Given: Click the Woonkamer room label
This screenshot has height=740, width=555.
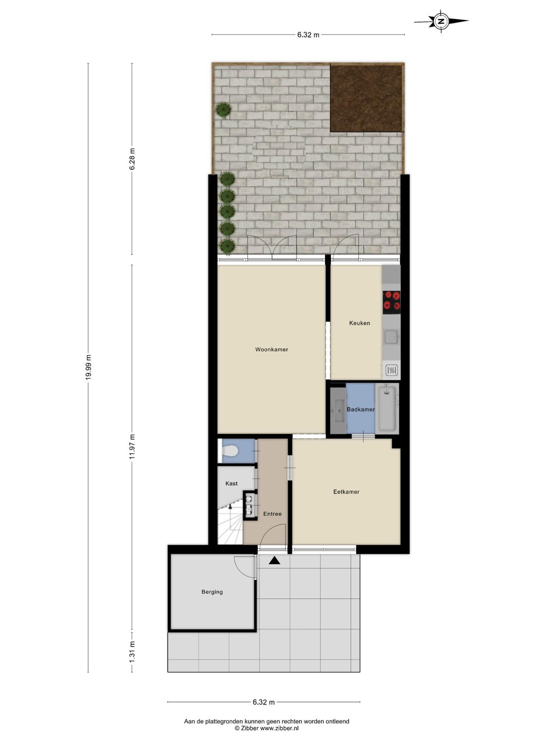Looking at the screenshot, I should pyautogui.click(x=271, y=349).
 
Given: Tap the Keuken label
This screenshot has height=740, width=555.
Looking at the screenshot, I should pyautogui.click(x=359, y=323).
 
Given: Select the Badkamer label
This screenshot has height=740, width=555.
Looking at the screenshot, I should pyautogui.click(x=360, y=410).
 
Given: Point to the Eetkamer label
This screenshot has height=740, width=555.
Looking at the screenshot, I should pyautogui.click(x=346, y=492).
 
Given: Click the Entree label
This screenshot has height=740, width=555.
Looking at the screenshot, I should pyautogui.click(x=272, y=514).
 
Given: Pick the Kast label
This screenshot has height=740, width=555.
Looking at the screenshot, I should pyautogui.click(x=231, y=484).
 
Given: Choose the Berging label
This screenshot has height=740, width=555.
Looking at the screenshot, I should pyautogui.click(x=212, y=592).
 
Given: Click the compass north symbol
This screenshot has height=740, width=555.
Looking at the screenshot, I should pyautogui.click(x=441, y=21).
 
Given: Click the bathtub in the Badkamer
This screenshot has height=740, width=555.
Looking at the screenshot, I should pyautogui.click(x=387, y=410).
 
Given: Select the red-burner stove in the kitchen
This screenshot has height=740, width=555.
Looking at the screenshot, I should pyautogui.click(x=392, y=302).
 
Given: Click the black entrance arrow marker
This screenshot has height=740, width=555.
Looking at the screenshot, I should pyautogui.click(x=274, y=561).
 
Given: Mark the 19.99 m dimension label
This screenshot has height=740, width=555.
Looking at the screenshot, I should pyautogui.click(x=88, y=367).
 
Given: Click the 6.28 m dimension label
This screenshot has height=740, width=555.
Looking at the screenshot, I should pyautogui.click(x=132, y=158).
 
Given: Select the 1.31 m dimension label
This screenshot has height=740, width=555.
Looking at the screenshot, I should pyautogui.click(x=132, y=651).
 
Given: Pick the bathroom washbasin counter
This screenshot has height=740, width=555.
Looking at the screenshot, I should pyautogui.click(x=338, y=410).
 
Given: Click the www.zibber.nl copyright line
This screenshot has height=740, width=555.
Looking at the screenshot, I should pyautogui.click(x=266, y=728).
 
